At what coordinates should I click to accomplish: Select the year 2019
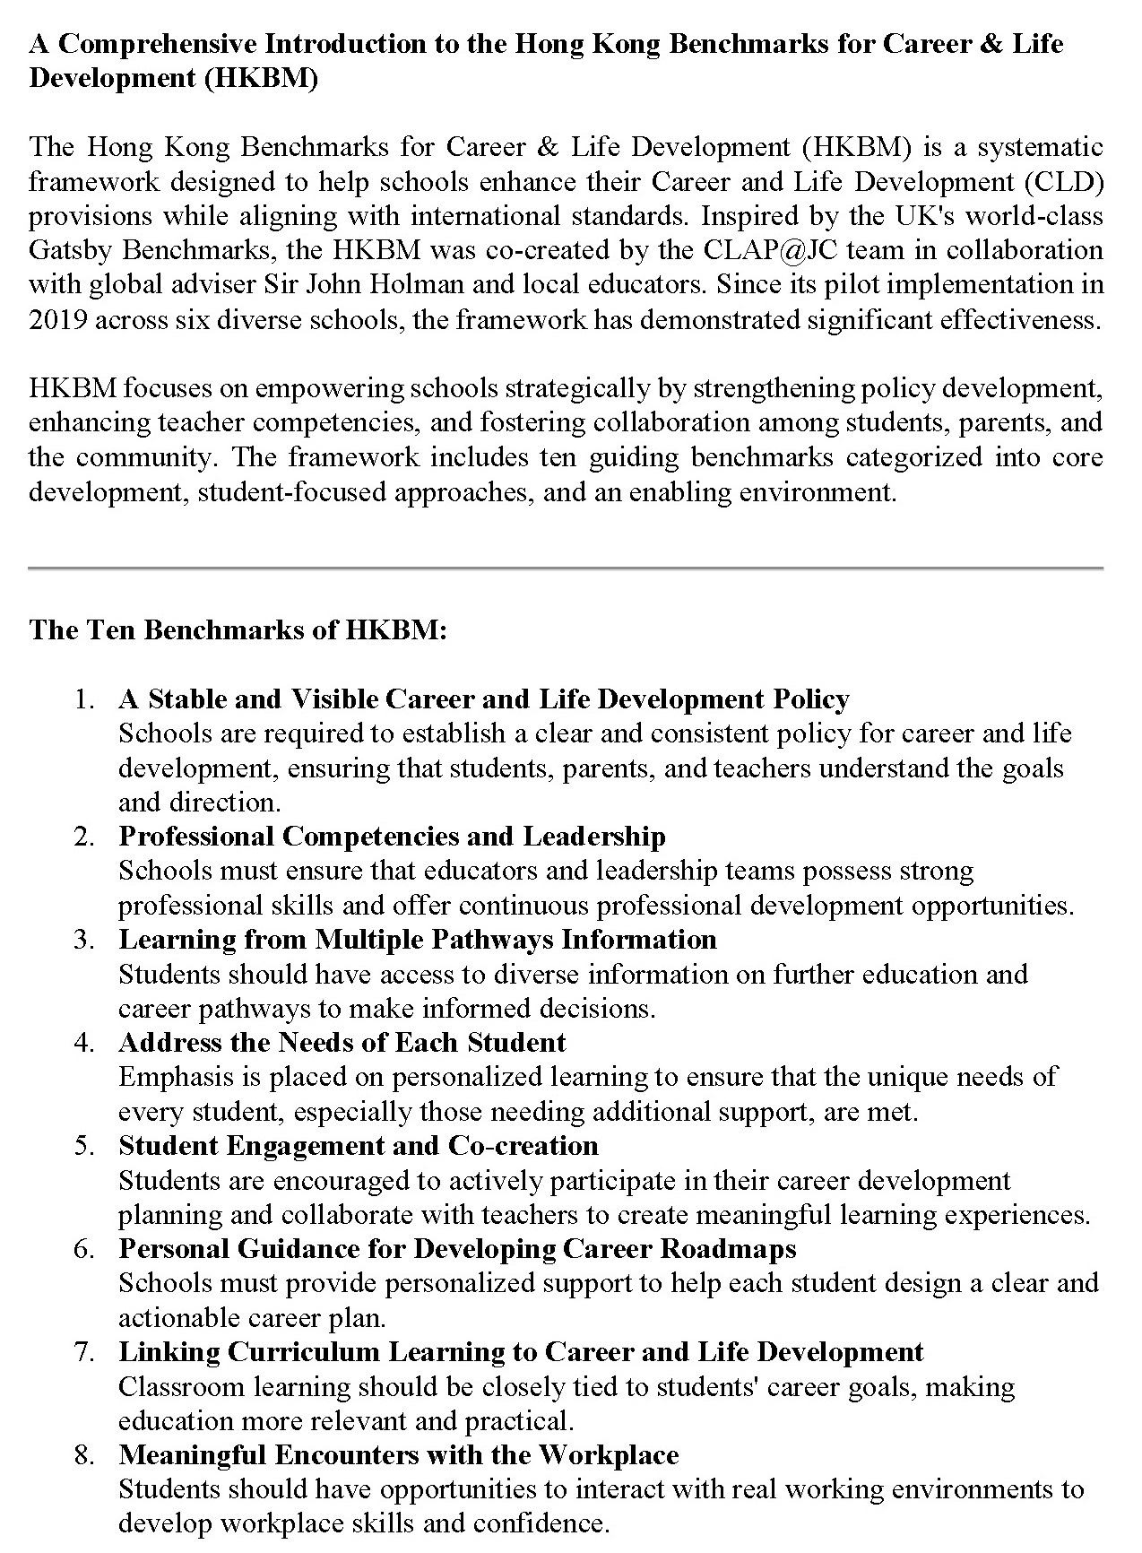pos(58,319)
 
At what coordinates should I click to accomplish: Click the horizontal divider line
pos(566,568)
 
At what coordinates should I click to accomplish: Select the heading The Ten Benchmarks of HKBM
pos(238,629)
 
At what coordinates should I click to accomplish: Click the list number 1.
pos(85,699)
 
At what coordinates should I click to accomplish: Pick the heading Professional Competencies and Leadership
pos(392,837)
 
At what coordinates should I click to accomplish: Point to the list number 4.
pos(85,1043)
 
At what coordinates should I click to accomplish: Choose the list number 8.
pos(85,1455)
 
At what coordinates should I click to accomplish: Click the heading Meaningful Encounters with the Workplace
pos(398,1455)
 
